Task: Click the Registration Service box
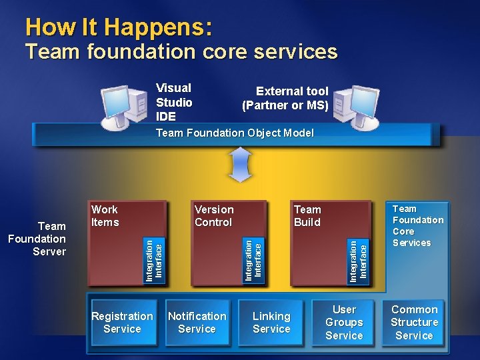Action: point(123,323)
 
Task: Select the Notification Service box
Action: point(197,323)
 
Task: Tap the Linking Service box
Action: point(271,323)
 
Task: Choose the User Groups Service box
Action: point(344,323)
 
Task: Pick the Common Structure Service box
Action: point(414,323)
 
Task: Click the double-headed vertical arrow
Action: point(240,164)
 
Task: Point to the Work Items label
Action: point(105,216)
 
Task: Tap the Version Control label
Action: point(213,216)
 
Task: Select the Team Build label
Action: point(307,216)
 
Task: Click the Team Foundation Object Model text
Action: point(234,133)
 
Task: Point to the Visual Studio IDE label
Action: point(174,102)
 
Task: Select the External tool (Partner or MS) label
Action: point(285,99)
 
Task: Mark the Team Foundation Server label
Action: point(38,239)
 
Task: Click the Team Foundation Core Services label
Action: point(417,226)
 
